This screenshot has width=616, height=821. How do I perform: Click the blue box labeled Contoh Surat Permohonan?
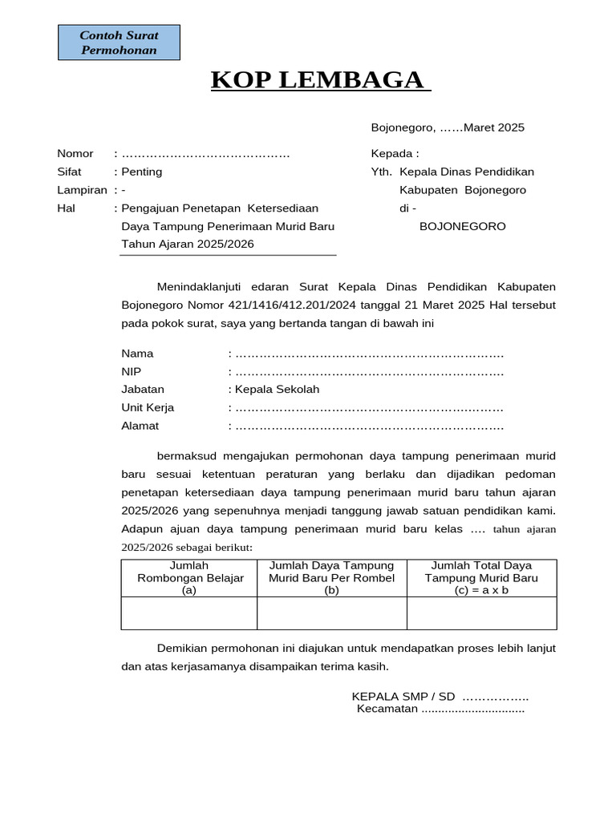click(120, 42)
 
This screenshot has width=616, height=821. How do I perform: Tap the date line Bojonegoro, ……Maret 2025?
click(448, 127)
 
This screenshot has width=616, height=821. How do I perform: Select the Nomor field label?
click(75, 153)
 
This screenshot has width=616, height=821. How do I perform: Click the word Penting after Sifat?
click(142, 172)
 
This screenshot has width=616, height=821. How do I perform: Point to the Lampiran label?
click(82, 190)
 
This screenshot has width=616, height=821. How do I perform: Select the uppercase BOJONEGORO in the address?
click(463, 226)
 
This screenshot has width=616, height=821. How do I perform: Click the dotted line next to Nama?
click(369, 354)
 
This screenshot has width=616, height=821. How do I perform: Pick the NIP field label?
click(132, 371)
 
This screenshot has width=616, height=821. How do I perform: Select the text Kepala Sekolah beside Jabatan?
click(277, 390)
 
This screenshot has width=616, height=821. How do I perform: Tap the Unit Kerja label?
click(148, 407)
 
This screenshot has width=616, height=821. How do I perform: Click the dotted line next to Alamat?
click(369, 426)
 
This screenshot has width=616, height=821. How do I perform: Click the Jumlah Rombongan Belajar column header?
click(189, 578)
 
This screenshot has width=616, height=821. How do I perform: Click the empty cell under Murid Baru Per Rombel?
click(332, 613)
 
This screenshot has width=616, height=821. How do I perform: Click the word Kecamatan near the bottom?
click(387, 709)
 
